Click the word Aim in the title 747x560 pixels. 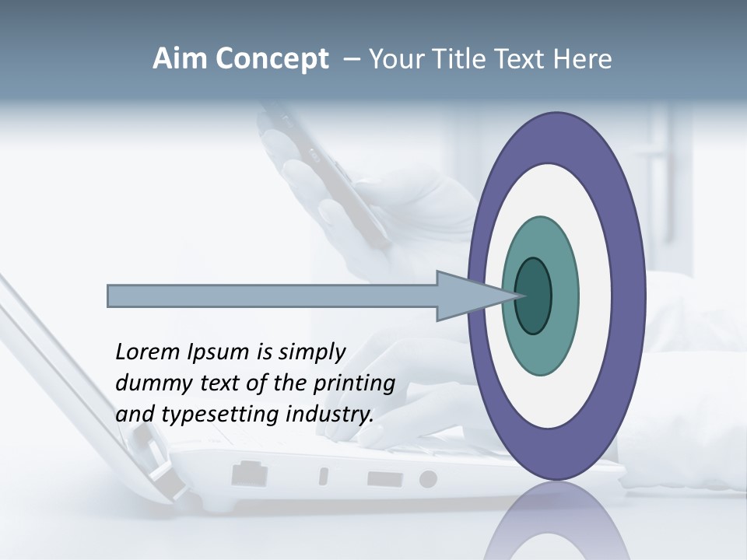pyautogui.click(x=181, y=59)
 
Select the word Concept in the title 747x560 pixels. pyautogui.click(x=271, y=59)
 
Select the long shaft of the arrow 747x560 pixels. pyautogui.click(x=272, y=296)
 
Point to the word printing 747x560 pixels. pyautogui.click(x=354, y=384)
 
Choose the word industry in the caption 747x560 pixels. pyautogui.click(x=330, y=414)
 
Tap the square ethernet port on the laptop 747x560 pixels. pyautogui.click(x=249, y=473)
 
